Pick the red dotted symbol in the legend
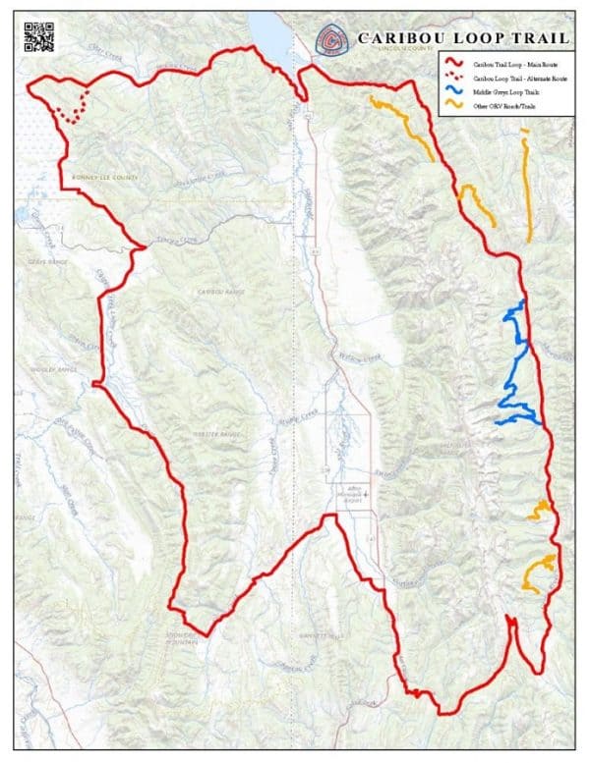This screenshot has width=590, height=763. pos(455,77)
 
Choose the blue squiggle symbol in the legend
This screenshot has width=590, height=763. pos(455,90)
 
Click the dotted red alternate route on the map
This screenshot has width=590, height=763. pos(72,111)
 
